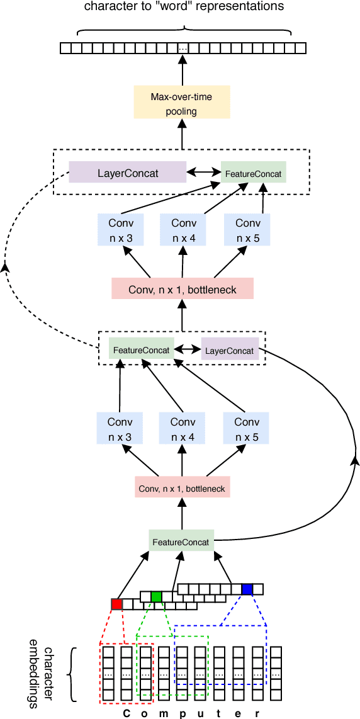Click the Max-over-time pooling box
click(x=182, y=103)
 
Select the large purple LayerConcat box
click(x=128, y=173)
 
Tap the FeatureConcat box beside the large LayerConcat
click(x=253, y=173)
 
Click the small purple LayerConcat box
click(x=230, y=350)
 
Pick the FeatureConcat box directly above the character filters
click(x=181, y=541)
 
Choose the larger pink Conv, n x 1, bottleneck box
click(x=182, y=289)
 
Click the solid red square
click(x=116, y=604)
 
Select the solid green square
click(x=156, y=596)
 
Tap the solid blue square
click(x=247, y=589)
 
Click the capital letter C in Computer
click(x=126, y=713)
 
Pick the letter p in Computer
click(x=183, y=714)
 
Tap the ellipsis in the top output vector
click(x=183, y=48)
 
